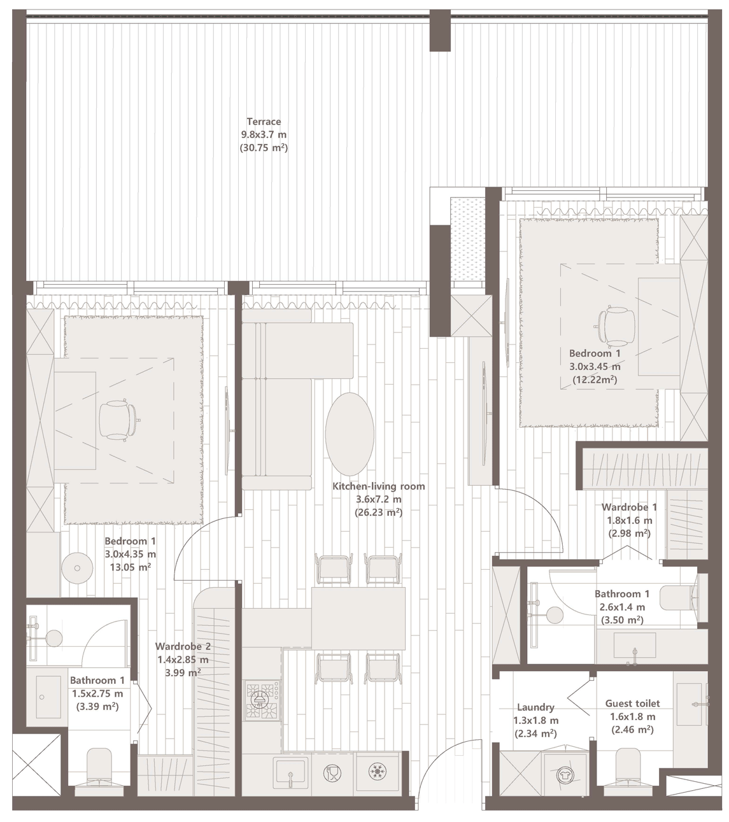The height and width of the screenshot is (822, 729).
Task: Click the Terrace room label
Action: (264, 122)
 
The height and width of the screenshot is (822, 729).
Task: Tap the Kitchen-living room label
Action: (378, 486)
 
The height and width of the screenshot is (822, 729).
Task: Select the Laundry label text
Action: (535, 707)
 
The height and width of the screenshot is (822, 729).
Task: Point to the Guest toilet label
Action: (632, 704)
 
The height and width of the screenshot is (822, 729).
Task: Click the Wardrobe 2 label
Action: (183, 646)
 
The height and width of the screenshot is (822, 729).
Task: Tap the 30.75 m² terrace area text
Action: (264, 148)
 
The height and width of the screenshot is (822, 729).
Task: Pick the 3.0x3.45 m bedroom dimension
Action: (595, 367)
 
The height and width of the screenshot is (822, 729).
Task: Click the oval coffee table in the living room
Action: (350, 434)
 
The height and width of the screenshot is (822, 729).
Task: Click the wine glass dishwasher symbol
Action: (332, 772)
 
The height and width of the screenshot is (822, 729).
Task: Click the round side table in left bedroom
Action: (77, 568)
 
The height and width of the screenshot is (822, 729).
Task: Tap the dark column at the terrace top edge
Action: (440, 31)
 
